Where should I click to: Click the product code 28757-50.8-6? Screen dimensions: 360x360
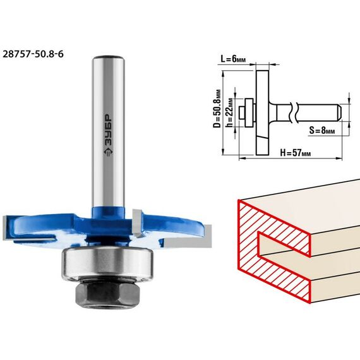coord(33,54)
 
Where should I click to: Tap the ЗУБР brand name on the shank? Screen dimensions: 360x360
coord(109,130)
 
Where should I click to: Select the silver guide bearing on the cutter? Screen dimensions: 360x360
coord(107,264)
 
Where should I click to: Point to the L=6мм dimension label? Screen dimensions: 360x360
coord(233,59)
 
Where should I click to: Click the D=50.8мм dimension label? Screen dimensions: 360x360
coord(217,109)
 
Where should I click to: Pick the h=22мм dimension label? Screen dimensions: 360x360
coord(229,112)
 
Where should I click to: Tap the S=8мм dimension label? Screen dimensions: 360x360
coord(322,130)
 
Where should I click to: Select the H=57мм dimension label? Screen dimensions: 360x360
coord(296,152)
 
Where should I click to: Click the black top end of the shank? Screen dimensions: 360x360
coord(109,57)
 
